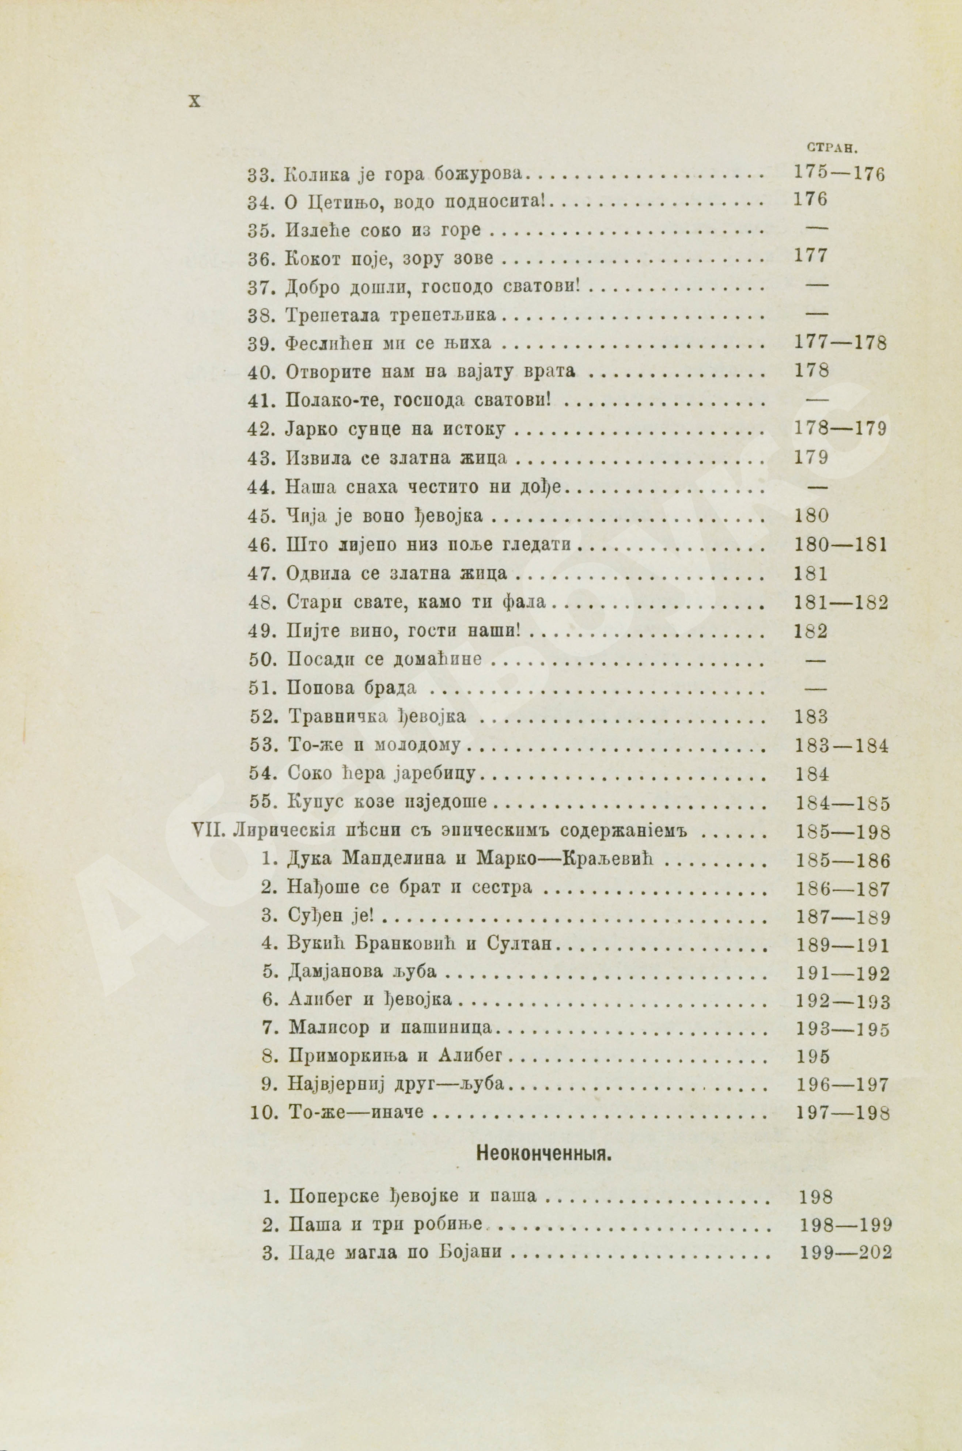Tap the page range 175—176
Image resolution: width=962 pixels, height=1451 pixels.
pyautogui.click(x=839, y=174)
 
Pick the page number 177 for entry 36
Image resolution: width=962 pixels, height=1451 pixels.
pyautogui.click(x=810, y=256)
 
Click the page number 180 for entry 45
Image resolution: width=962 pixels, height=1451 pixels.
pyautogui.click(x=811, y=516)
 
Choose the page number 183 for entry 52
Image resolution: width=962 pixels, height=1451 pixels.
pyautogui.click(x=811, y=717)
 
